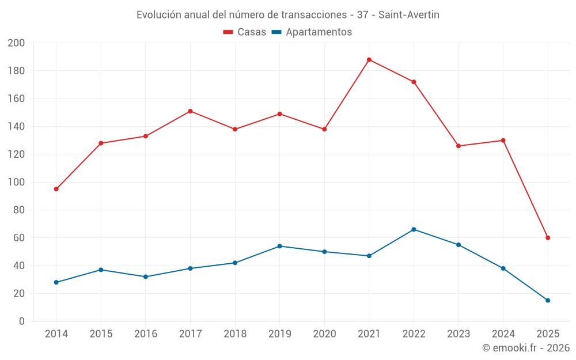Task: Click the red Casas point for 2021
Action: tap(369, 60)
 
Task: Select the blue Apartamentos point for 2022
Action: tap(414, 229)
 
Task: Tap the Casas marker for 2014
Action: tap(56, 189)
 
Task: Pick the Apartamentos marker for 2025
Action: tap(548, 300)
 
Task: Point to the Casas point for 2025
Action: tap(548, 238)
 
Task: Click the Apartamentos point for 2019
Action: tap(280, 246)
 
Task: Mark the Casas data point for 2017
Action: tap(190, 111)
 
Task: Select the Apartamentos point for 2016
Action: tap(146, 276)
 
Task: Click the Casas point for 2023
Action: tap(458, 146)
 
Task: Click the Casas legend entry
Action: tap(245, 32)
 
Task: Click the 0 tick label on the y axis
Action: tap(22, 321)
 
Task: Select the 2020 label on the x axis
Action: tap(324, 334)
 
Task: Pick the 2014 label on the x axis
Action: tap(56, 334)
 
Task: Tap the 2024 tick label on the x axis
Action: tap(503, 334)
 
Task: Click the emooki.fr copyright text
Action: tap(526, 348)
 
